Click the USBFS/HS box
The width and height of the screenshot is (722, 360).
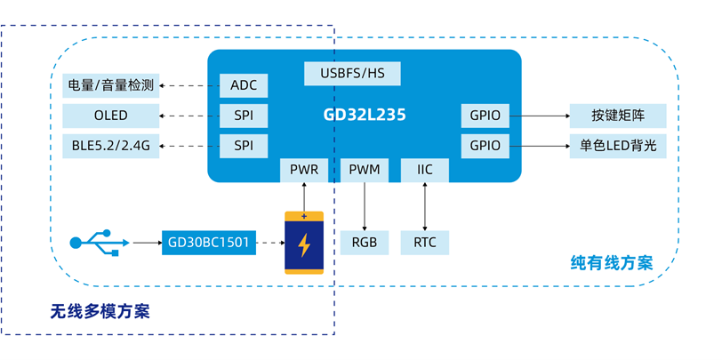coord(352,73)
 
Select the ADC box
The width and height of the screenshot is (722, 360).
coord(244,86)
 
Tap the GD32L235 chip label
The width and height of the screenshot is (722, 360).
coord(365,116)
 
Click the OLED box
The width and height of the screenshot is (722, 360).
coord(111,116)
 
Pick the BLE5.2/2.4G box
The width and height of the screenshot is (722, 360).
coord(111,145)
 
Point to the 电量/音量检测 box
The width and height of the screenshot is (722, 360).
coord(111,86)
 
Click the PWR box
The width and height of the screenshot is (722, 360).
coord(304,169)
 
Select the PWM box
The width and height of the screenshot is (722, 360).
coord(364,169)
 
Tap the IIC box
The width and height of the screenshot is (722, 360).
coord(424,169)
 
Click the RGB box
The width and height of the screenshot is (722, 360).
coord(364,242)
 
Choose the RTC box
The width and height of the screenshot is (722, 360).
coord(424,242)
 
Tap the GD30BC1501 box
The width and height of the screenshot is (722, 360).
coord(209,242)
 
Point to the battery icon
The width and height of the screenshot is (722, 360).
coord(304,243)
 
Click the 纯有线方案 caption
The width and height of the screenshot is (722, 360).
coord(611,263)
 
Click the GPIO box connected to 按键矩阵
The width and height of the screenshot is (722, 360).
coord(485,116)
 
